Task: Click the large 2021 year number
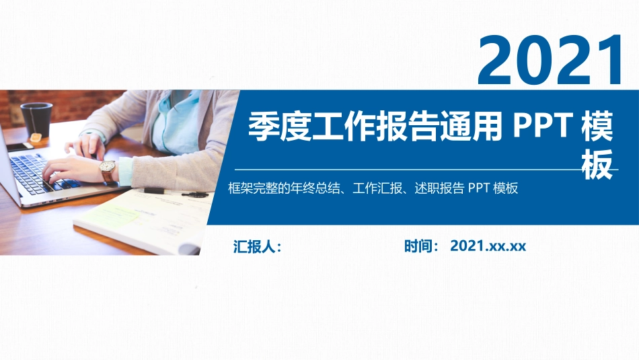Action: point(550,60)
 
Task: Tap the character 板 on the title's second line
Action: point(597,164)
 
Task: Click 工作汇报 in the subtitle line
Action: point(375,189)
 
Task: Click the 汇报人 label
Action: point(256,246)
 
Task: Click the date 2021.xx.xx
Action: point(488,246)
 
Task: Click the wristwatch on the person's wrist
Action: point(108,172)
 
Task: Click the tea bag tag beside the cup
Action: point(38,139)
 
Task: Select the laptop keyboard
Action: point(34,168)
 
